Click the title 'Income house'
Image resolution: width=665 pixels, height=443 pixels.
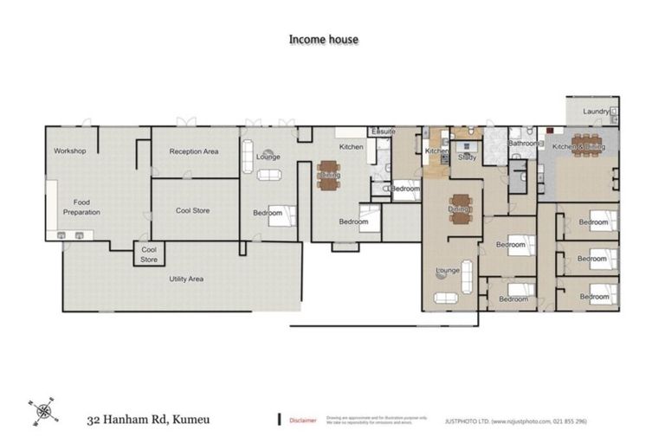pyautogui.click(x=323, y=39)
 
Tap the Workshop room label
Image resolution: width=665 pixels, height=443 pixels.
pyautogui.click(x=69, y=151)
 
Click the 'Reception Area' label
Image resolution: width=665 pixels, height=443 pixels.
pyautogui.click(x=194, y=151)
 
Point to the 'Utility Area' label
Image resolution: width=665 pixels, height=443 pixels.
pyautogui.click(x=185, y=279)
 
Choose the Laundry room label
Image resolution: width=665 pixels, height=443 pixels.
pyautogui.click(x=596, y=111)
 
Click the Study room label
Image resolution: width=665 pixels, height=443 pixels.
pyautogui.click(x=468, y=157)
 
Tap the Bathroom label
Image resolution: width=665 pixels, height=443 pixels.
pyautogui.click(x=523, y=144)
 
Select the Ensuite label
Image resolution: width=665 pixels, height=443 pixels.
pyautogui.click(x=383, y=131)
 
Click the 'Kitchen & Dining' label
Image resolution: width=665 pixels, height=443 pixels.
pyautogui.click(x=579, y=148)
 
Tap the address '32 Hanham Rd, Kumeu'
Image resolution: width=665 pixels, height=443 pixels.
pyautogui.click(x=147, y=421)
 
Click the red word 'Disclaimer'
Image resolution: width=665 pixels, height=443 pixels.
pyautogui.click(x=303, y=420)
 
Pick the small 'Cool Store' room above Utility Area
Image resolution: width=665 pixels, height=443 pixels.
pyautogui.click(x=149, y=254)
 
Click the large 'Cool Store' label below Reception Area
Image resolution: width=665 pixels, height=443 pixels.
pyautogui.click(x=193, y=210)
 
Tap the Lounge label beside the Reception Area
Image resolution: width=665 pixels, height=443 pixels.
pyautogui.click(x=268, y=157)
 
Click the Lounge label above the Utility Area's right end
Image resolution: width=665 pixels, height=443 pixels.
pyautogui.click(x=448, y=270)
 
